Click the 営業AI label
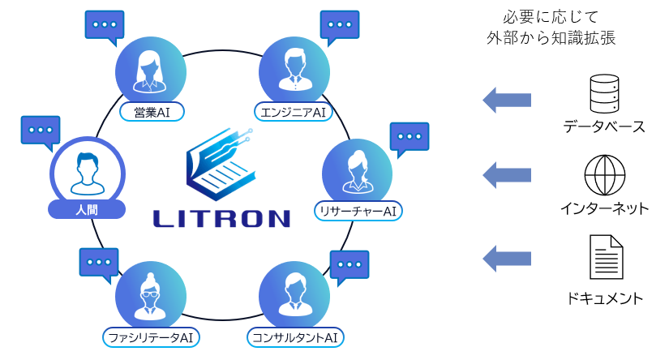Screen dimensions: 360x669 point(152,111)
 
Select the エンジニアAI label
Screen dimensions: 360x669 point(294,111)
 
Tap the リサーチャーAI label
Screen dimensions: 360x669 point(358,211)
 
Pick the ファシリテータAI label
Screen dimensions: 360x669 point(152,336)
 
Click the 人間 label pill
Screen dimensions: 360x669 point(87,209)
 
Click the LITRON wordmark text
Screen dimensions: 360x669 point(221,218)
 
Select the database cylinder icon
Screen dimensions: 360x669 point(604,94)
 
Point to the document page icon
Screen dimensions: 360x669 point(605,257)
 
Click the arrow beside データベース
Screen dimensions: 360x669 point(507,100)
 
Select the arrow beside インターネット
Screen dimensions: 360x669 point(507,174)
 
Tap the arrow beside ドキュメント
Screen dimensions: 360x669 point(507,258)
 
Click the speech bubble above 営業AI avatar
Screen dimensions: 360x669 point(105,24)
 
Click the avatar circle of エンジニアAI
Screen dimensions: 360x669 point(294,70)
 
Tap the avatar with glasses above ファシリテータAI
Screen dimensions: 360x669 point(151,294)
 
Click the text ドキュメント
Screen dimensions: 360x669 point(605,298)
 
